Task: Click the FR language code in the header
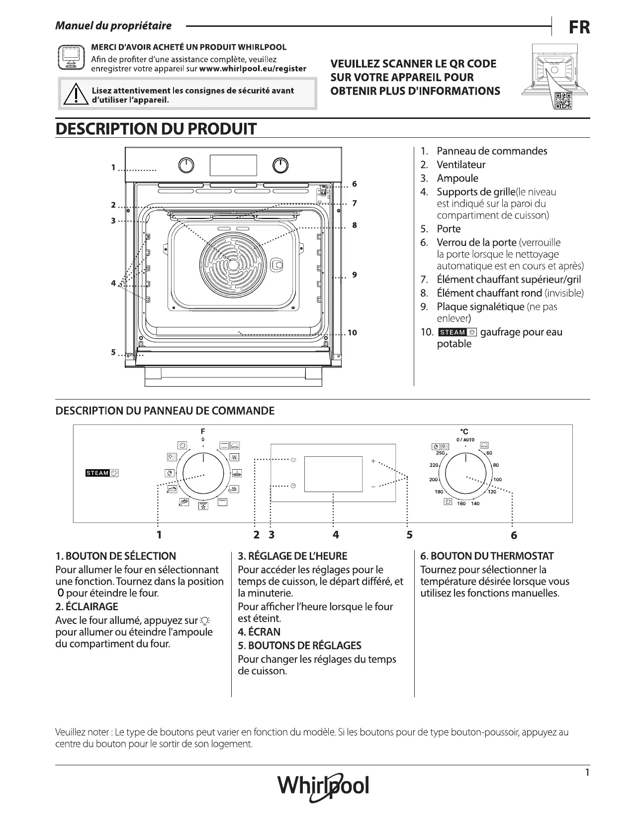coord(579,27)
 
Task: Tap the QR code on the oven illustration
coord(563,100)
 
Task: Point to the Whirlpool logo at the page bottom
coord(323,786)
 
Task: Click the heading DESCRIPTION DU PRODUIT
coord(156,129)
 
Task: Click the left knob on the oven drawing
coord(186,166)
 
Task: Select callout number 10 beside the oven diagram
coord(352,332)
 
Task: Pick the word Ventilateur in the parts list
coord(461,165)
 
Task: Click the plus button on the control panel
coord(373,461)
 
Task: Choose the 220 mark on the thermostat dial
coord(434,465)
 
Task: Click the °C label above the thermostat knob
coord(464,432)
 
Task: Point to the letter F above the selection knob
coord(203,431)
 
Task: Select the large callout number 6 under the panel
coord(514,535)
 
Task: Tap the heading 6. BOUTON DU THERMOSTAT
coord(487,556)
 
